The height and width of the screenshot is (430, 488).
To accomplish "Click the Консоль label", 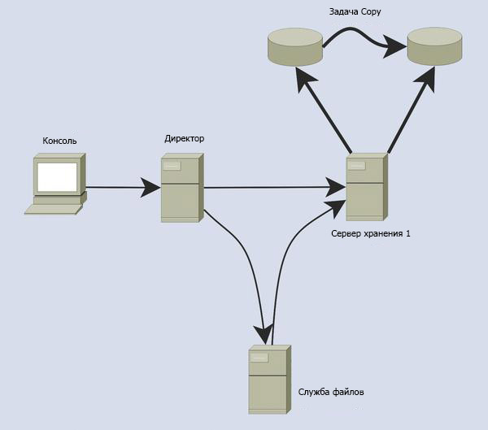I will (59, 141).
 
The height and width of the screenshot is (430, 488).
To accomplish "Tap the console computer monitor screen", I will (57, 177).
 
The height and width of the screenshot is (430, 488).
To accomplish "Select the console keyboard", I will (54, 209).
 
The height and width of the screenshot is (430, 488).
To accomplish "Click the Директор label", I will (184, 138).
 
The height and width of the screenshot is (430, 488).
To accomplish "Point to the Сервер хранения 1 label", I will (371, 233).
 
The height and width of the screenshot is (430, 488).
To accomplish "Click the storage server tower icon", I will (365, 188).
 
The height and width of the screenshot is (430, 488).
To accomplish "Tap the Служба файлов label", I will (331, 393).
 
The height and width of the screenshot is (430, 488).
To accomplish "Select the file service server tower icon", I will (268, 380).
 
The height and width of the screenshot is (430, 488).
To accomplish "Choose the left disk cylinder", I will (294, 46).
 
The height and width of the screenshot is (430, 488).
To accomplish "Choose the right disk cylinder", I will (434, 46).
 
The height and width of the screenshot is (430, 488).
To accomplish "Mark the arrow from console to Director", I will (122, 189).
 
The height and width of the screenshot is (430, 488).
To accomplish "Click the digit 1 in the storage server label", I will (408, 233).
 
